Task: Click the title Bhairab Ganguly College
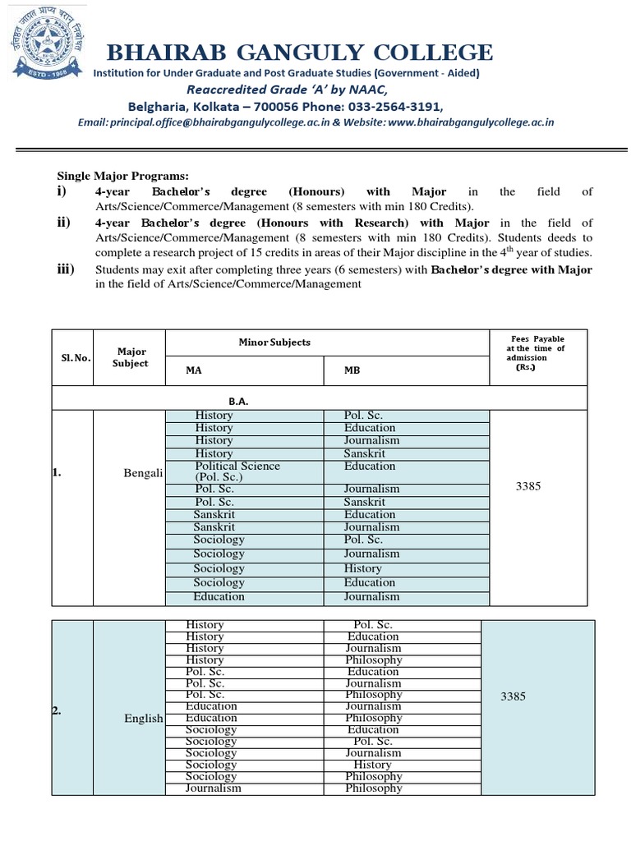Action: pos(301,53)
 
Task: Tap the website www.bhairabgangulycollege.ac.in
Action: pos(470,122)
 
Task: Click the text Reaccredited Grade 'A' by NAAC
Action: pos(286,90)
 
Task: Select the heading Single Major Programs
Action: pos(122,176)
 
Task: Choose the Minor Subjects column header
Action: pos(274,342)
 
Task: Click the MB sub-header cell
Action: pos(352,370)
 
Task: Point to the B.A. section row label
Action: pos(238,401)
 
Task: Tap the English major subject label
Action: pos(144,718)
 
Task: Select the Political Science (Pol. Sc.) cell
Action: pos(237,471)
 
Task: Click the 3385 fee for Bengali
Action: pos(528,486)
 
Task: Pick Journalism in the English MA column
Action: pos(214,788)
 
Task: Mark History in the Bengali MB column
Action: pos(362,568)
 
